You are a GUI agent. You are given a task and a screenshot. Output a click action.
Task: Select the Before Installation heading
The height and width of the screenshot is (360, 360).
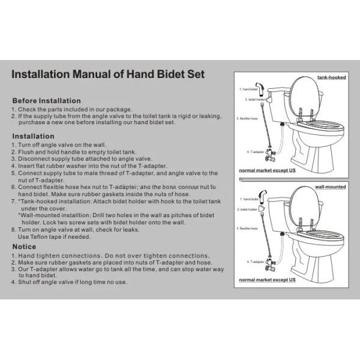tap(47, 100)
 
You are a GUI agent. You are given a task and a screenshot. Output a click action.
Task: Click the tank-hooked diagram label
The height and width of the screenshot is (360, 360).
tap(331, 77)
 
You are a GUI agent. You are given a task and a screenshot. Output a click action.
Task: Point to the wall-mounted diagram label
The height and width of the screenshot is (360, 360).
tap(331, 187)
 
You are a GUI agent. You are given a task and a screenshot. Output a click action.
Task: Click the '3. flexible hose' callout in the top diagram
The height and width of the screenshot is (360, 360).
tap(247, 118)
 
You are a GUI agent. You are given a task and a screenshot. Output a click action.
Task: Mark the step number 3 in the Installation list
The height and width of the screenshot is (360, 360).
tap(14, 159)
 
